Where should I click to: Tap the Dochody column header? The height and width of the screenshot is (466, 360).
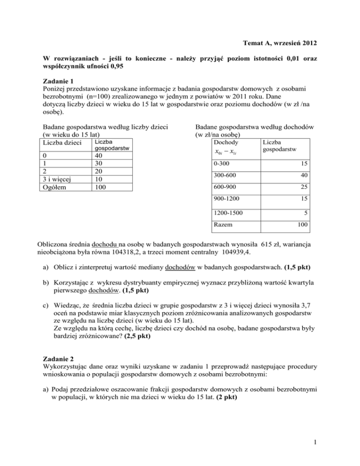pos(225,142)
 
